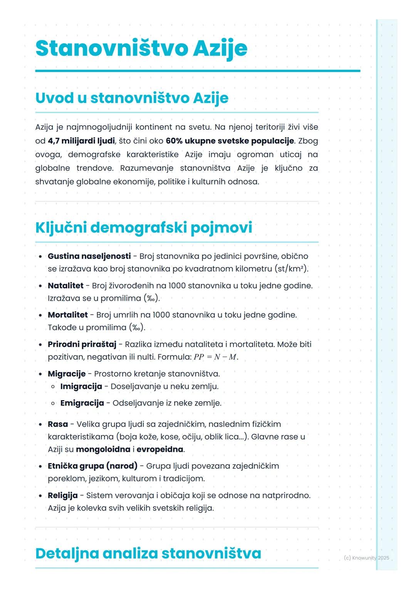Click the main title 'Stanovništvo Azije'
click(x=141, y=49)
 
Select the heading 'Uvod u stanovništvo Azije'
click(x=132, y=98)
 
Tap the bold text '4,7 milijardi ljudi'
click(x=81, y=141)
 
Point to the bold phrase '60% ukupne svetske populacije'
click(x=230, y=141)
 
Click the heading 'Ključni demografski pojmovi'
click(x=144, y=227)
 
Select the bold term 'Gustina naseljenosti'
click(x=89, y=256)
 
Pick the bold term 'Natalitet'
click(x=65, y=286)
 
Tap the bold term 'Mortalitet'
click(x=68, y=315)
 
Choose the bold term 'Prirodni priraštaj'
click(x=82, y=344)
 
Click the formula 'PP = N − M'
click(x=215, y=357)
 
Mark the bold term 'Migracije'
click(x=67, y=374)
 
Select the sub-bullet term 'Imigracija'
click(x=81, y=386)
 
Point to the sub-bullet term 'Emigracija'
click(x=82, y=403)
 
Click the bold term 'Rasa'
click(x=58, y=424)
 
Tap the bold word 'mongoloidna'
click(x=103, y=449)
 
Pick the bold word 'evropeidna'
click(x=160, y=449)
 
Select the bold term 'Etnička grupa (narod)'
click(x=92, y=466)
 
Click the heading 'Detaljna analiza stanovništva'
click(x=148, y=554)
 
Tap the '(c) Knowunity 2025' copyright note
click(x=366, y=558)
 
